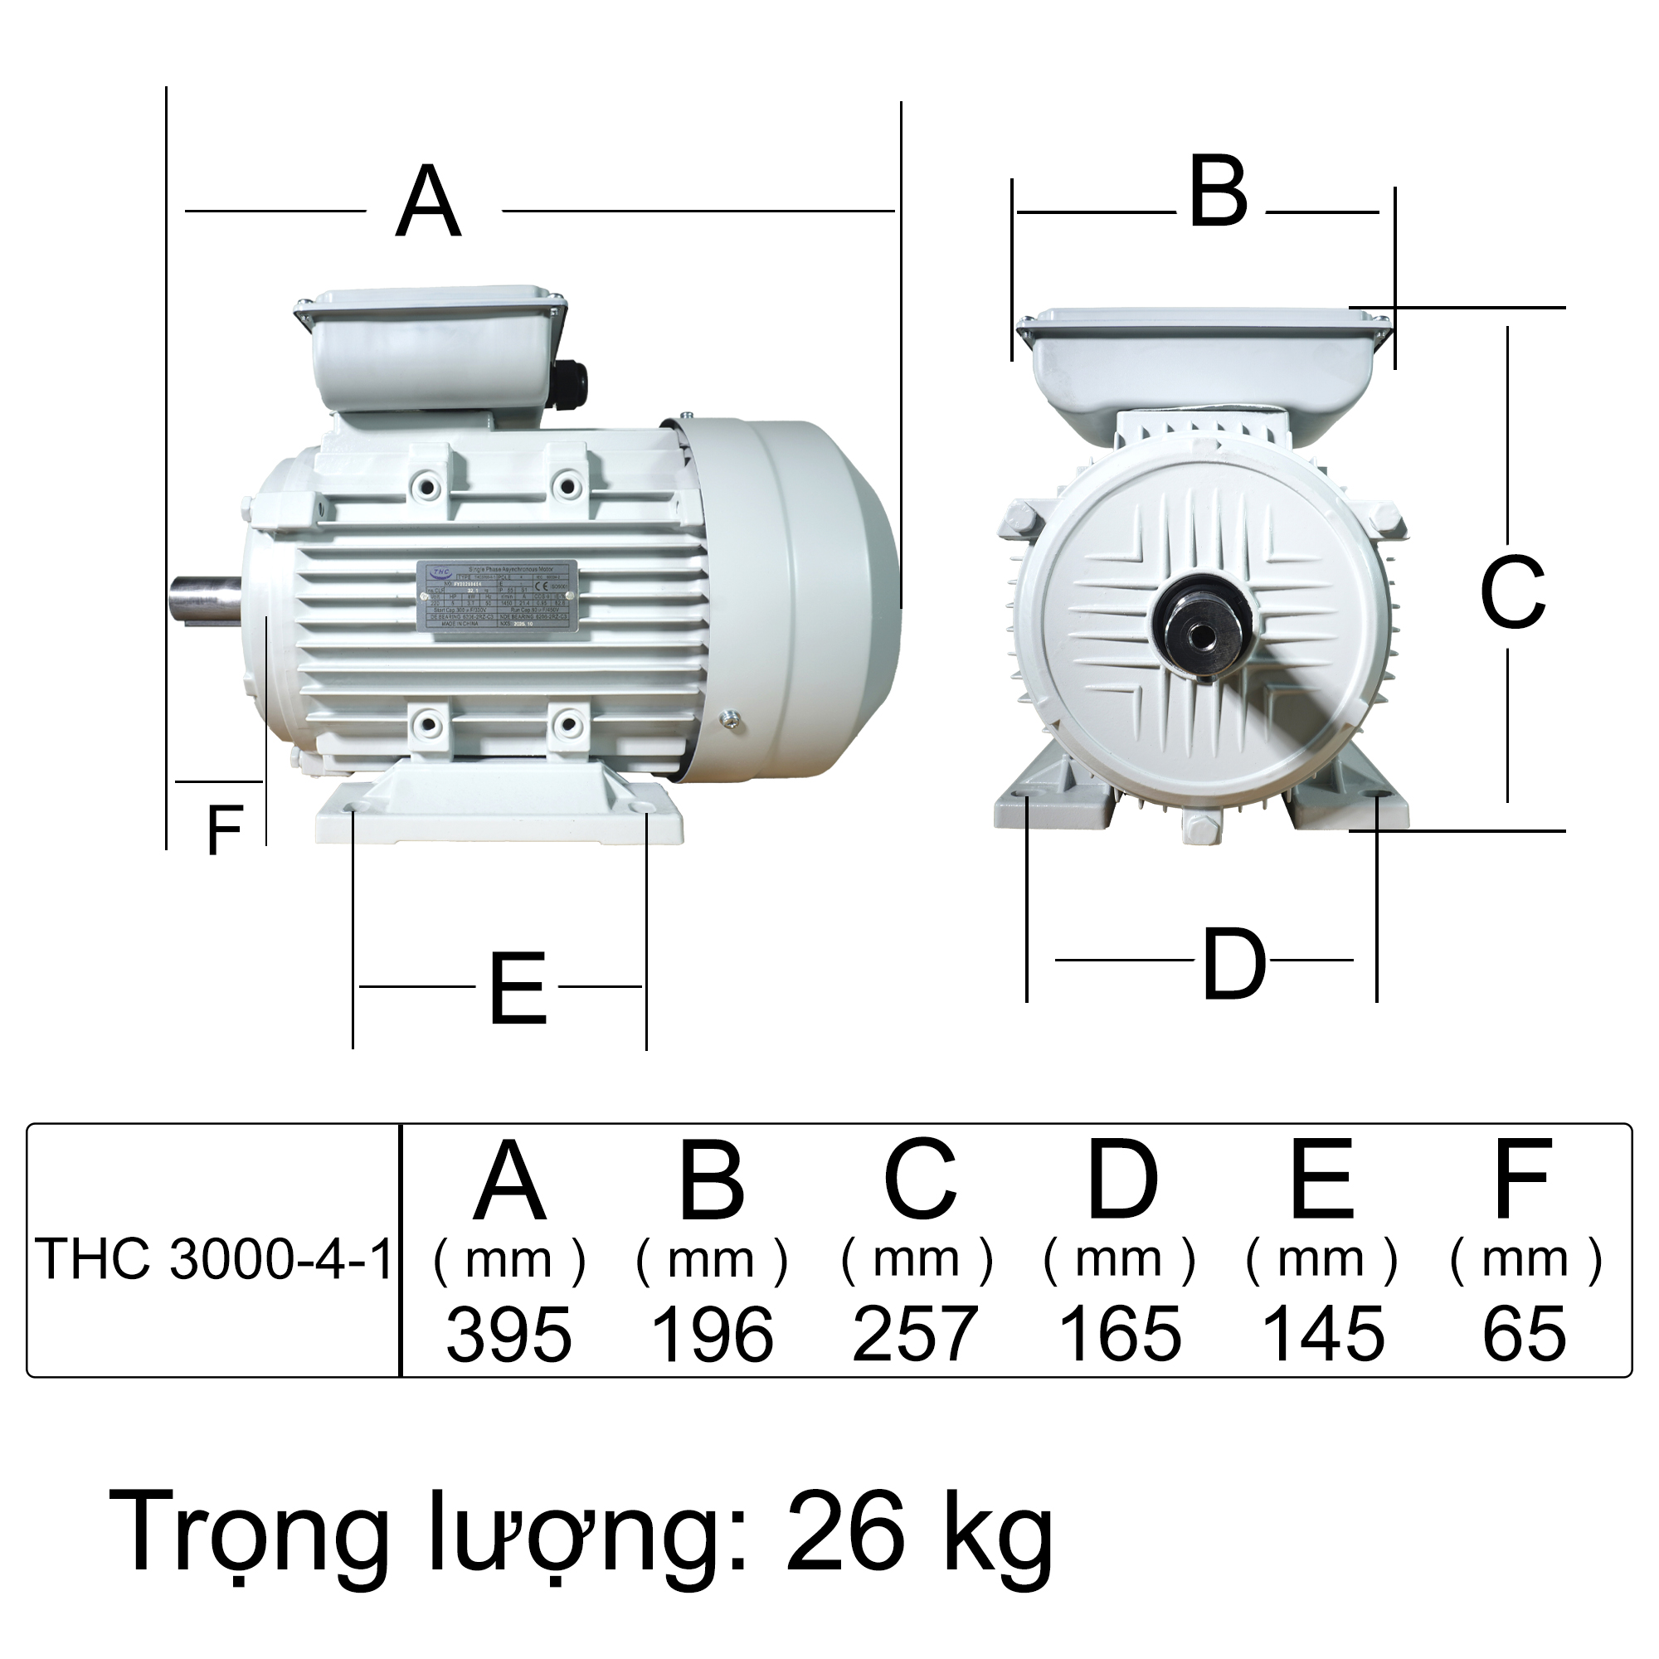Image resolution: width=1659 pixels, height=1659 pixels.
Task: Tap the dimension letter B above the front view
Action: click(x=1218, y=193)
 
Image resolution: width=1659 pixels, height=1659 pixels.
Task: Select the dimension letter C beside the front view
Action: click(x=1512, y=592)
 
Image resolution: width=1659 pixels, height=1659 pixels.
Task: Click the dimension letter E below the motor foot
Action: click(x=518, y=990)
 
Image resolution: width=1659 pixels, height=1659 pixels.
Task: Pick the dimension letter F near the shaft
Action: click(x=225, y=830)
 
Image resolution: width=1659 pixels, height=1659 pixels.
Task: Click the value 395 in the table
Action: click(x=508, y=1335)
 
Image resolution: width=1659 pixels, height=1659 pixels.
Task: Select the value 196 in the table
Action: click(x=713, y=1335)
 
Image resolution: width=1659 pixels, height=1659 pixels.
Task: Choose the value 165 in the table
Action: click(x=1121, y=1335)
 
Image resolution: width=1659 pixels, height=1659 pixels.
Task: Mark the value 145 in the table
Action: click(x=1323, y=1335)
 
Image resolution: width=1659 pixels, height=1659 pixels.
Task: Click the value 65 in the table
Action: click(x=1524, y=1335)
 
